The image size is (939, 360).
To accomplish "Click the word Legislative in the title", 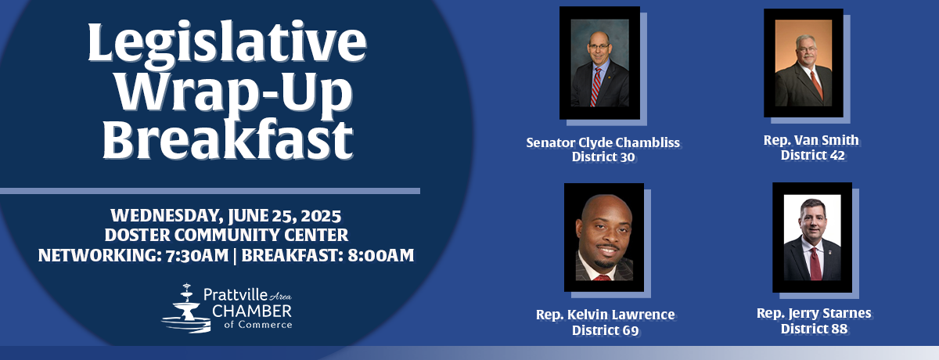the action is click(227, 43).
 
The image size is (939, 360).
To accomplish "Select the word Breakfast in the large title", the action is click(228, 139).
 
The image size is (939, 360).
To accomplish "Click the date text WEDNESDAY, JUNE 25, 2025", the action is click(226, 216).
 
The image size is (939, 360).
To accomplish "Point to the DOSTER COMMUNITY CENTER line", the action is click(226, 235).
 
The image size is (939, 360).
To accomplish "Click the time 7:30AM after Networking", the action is click(197, 255).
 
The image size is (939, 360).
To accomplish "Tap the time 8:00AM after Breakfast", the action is click(380, 255).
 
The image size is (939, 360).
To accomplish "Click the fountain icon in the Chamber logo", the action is click(185, 308).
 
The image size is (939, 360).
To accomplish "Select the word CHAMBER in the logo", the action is click(251, 311).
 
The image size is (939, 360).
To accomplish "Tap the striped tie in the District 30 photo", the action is click(595, 87).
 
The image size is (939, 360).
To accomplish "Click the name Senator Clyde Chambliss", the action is click(603, 143).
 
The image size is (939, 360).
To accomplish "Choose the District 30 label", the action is click(603, 157).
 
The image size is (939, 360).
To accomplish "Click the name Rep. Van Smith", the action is click(811, 140).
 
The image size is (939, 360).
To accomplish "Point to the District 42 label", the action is click(812, 155).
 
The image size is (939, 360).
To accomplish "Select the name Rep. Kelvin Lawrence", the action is click(606, 315).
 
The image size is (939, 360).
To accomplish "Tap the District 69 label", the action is click(606, 330).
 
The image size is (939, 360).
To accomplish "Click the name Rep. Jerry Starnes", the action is click(814, 313).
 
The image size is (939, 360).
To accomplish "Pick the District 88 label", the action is click(814, 329).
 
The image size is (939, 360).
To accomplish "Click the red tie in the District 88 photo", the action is click(815, 264).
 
